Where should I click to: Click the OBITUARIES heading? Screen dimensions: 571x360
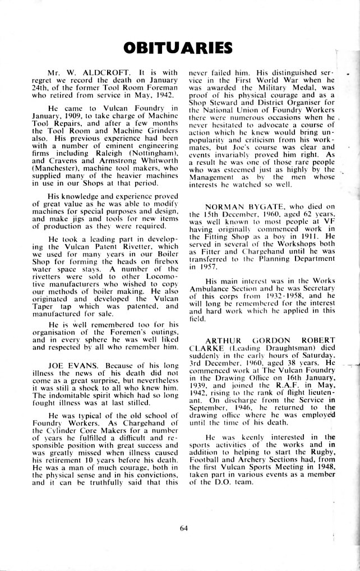pos(179,47)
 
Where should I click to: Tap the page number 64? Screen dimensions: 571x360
pos(183,527)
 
